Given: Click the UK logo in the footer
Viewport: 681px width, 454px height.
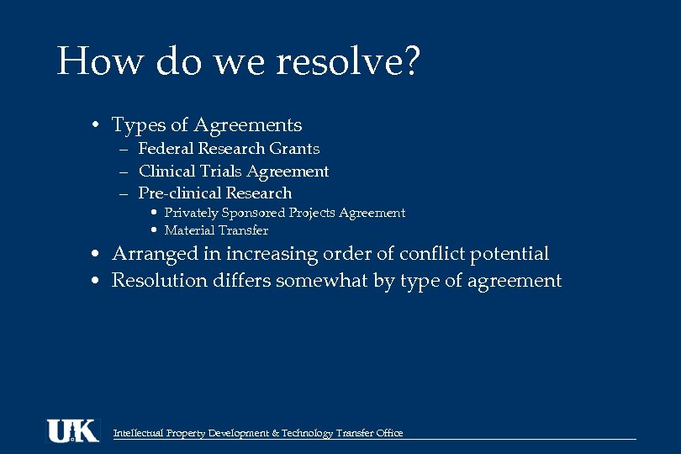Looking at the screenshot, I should coord(73,430).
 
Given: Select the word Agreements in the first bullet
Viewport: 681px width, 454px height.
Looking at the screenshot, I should coord(248,125).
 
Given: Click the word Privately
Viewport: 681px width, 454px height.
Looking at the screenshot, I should coord(190,214).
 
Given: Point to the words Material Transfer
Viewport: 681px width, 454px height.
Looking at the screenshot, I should coord(216,230).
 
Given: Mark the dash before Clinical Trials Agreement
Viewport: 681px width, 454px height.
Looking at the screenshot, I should coord(123,172).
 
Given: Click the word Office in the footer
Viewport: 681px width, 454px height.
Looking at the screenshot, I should coord(388,434).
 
